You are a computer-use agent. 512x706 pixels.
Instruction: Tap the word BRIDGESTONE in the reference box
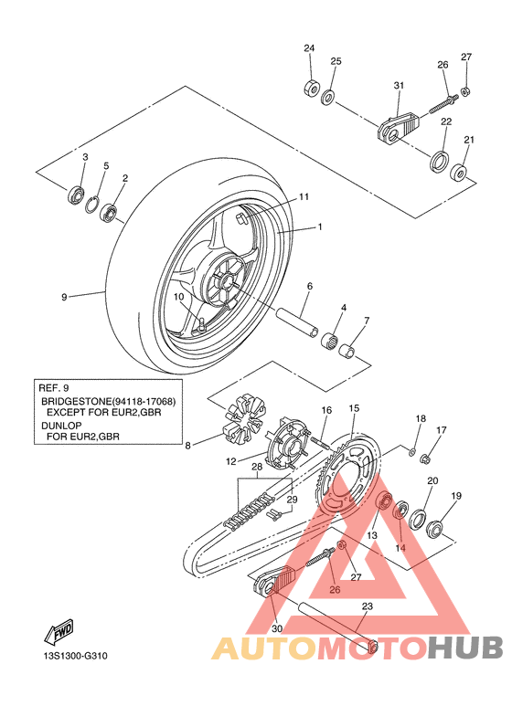click(76, 401)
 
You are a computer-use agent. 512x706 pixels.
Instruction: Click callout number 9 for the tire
click(64, 297)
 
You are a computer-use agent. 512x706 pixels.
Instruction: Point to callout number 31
click(399, 85)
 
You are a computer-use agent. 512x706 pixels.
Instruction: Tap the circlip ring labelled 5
click(91, 205)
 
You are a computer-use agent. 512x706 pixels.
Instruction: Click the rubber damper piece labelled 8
click(244, 417)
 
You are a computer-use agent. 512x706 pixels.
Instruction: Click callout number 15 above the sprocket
click(354, 408)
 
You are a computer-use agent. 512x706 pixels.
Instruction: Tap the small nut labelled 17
click(425, 459)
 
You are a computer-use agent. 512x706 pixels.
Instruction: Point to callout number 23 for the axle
click(368, 606)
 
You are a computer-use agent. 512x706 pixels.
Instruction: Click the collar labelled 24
click(312, 88)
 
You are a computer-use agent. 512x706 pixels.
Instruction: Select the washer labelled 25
click(327, 97)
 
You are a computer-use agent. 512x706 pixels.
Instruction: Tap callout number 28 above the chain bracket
click(257, 467)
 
